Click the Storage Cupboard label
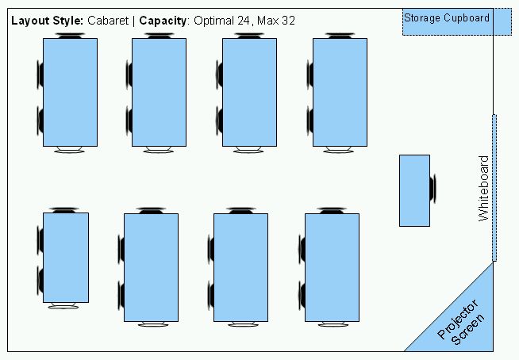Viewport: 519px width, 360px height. pos(447,17)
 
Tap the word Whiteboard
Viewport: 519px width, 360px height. pos(484,188)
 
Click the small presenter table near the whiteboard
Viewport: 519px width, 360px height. pos(414,190)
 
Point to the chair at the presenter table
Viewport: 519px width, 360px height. pos(432,190)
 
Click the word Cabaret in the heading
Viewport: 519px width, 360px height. pos(110,21)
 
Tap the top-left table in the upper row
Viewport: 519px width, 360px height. pos(70,92)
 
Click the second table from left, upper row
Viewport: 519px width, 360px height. pos(159,92)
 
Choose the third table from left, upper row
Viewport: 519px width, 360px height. pos(249,92)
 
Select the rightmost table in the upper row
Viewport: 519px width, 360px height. pos(340,92)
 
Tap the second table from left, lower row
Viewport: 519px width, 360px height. pos(151,267)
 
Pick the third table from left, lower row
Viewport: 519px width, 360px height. pos(241,267)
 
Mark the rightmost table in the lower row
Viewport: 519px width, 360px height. pos(332,267)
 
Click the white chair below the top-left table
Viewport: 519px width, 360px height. pos(69,150)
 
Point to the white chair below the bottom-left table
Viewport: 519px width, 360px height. pos(64,306)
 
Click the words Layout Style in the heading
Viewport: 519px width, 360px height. pos(46,21)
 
